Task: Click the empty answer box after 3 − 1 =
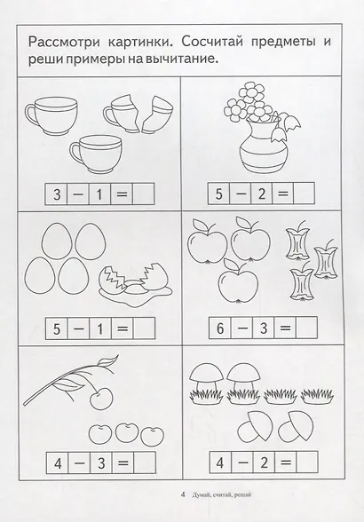(144, 194)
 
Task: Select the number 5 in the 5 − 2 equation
(218, 194)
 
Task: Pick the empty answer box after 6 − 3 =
(306, 328)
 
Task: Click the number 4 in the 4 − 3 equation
(58, 463)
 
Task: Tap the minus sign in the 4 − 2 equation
(242, 462)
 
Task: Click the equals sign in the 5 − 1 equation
(123, 328)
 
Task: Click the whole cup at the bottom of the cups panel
(96, 154)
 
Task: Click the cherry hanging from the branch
(101, 399)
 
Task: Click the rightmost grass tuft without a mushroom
(317, 397)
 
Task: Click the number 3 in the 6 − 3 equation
(264, 328)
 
